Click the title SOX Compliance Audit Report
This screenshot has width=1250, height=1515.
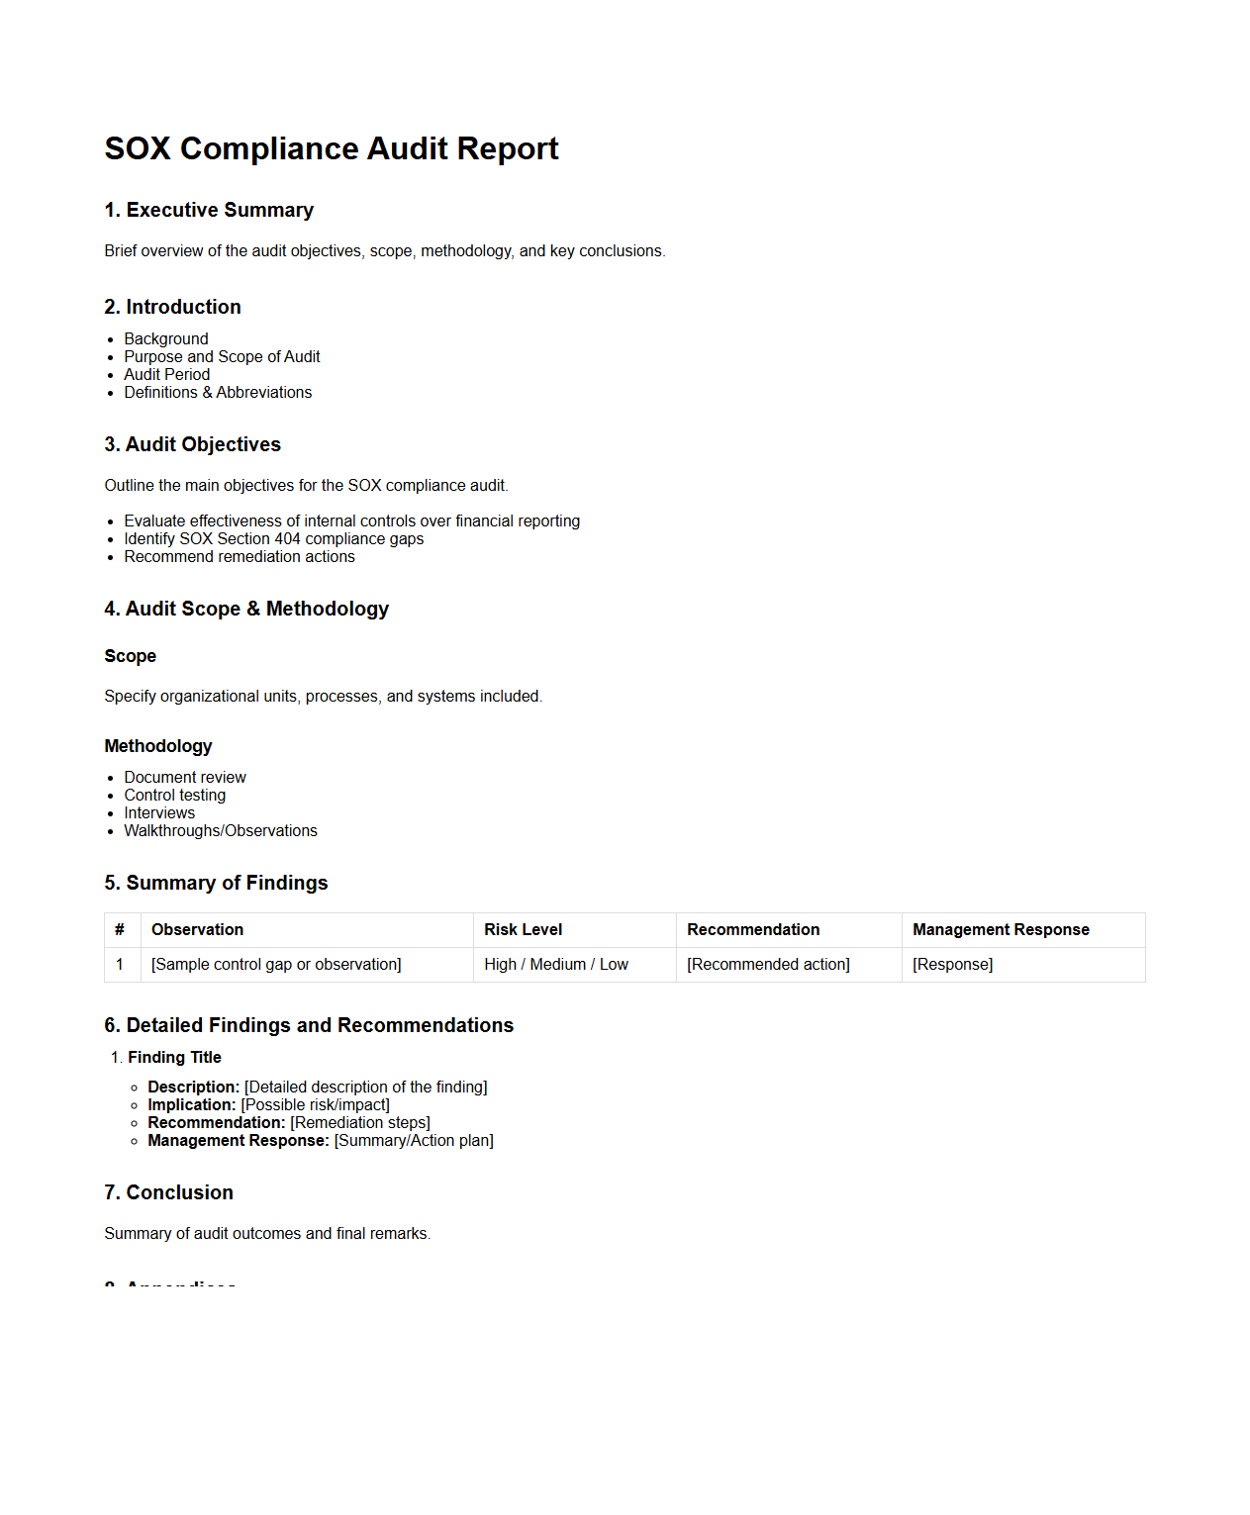tap(331, 148)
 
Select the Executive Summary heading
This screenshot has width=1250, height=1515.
tap(209, 210)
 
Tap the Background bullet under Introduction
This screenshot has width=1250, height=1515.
tap(166, 338)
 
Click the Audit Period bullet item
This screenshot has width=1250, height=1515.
tap(167, 374)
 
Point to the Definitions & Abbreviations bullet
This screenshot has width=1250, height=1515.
tap(218, 392)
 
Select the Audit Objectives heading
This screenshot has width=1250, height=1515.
tap(192, 444)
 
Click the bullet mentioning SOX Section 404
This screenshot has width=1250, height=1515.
tap(273, 538)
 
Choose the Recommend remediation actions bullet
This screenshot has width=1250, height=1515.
tap(240, 556)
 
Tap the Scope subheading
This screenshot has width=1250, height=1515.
tap(131, 656)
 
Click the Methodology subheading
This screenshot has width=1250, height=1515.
tap(158, 746)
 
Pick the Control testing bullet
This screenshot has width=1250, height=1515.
tap(175, 795)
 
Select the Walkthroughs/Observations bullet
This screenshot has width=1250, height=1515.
tap(221, 830)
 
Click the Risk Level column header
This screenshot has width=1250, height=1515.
tap(523, 929)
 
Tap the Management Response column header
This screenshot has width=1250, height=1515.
tap(1001, 929)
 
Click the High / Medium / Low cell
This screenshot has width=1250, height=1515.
tap(556, 964)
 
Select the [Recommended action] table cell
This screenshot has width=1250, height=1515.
tap(768, 964)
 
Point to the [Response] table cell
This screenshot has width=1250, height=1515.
tap(952, 964)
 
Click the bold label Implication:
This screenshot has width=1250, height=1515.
tap(192, 1104)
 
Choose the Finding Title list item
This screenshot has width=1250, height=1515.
tap(174, 1057)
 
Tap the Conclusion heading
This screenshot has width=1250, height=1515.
tap(168, 1192)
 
